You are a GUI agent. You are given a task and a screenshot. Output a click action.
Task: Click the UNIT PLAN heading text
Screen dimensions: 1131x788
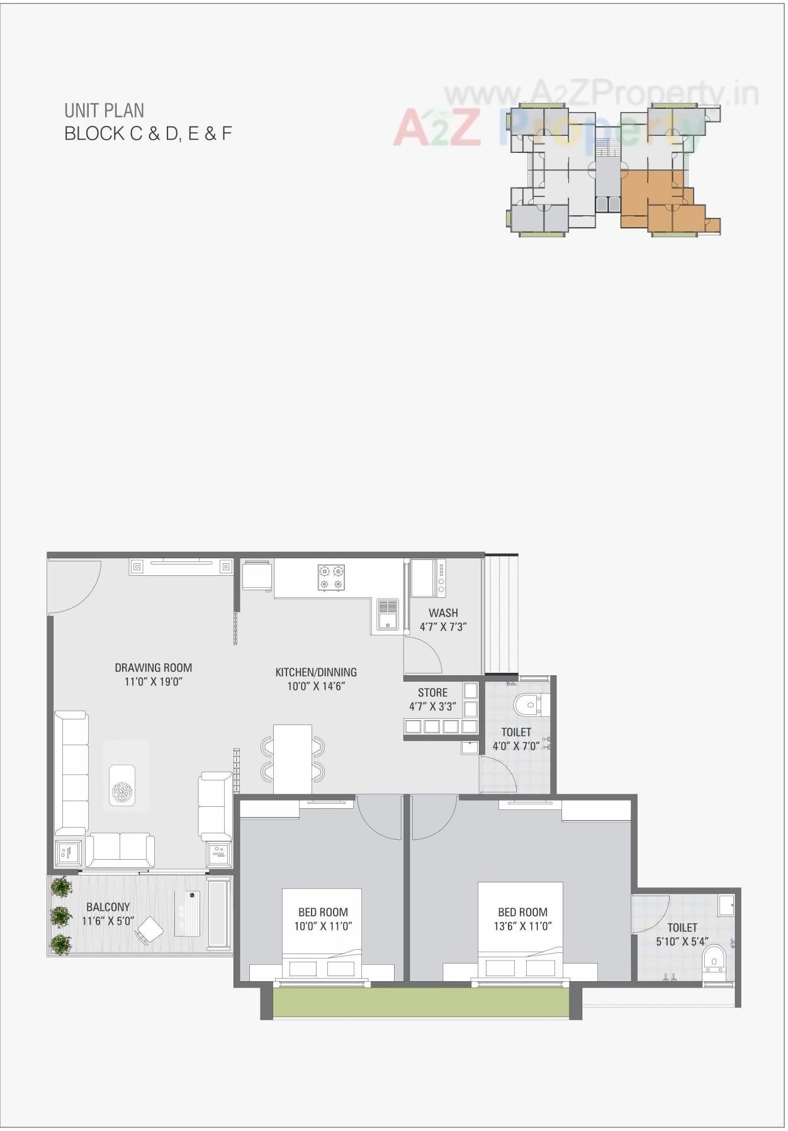click(104, 111)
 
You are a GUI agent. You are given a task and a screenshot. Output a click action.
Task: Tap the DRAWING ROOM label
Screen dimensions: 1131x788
click(153, 668)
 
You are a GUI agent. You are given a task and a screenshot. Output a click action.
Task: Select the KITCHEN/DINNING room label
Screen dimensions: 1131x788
click(316, 672)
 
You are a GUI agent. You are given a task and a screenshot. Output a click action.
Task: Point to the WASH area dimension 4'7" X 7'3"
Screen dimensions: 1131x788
click(443, 627)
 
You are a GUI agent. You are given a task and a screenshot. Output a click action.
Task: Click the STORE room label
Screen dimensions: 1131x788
click(432, 692)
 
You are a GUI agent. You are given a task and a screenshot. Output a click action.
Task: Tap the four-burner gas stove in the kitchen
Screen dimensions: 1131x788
click(331, 578)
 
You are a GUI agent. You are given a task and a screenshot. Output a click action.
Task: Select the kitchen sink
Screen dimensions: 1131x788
click(387, 614)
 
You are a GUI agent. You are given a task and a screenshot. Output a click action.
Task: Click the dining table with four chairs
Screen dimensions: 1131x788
click(293, 758)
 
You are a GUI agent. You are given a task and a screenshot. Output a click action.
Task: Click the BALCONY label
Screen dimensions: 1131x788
click(108, 907)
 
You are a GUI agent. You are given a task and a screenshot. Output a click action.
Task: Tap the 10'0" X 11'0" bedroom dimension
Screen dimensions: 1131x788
click(323, 926)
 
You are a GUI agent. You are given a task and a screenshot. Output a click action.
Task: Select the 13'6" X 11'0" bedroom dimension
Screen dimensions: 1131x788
click(522, 926)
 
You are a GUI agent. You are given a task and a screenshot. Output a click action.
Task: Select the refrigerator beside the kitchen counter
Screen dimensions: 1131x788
click(257, 575)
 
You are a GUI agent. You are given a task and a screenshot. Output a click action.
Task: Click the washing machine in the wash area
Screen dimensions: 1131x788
click(427, 578)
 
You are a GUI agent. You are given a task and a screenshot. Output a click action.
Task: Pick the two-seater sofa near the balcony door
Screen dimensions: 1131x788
click(120, 849)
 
